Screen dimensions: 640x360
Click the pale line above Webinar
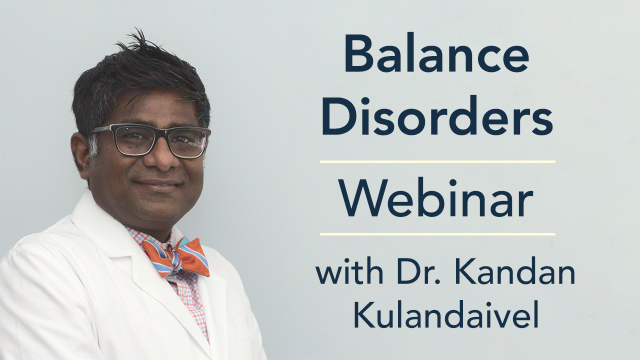(x=437, y=161)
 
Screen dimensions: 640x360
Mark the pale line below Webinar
(x=437, y=234)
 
